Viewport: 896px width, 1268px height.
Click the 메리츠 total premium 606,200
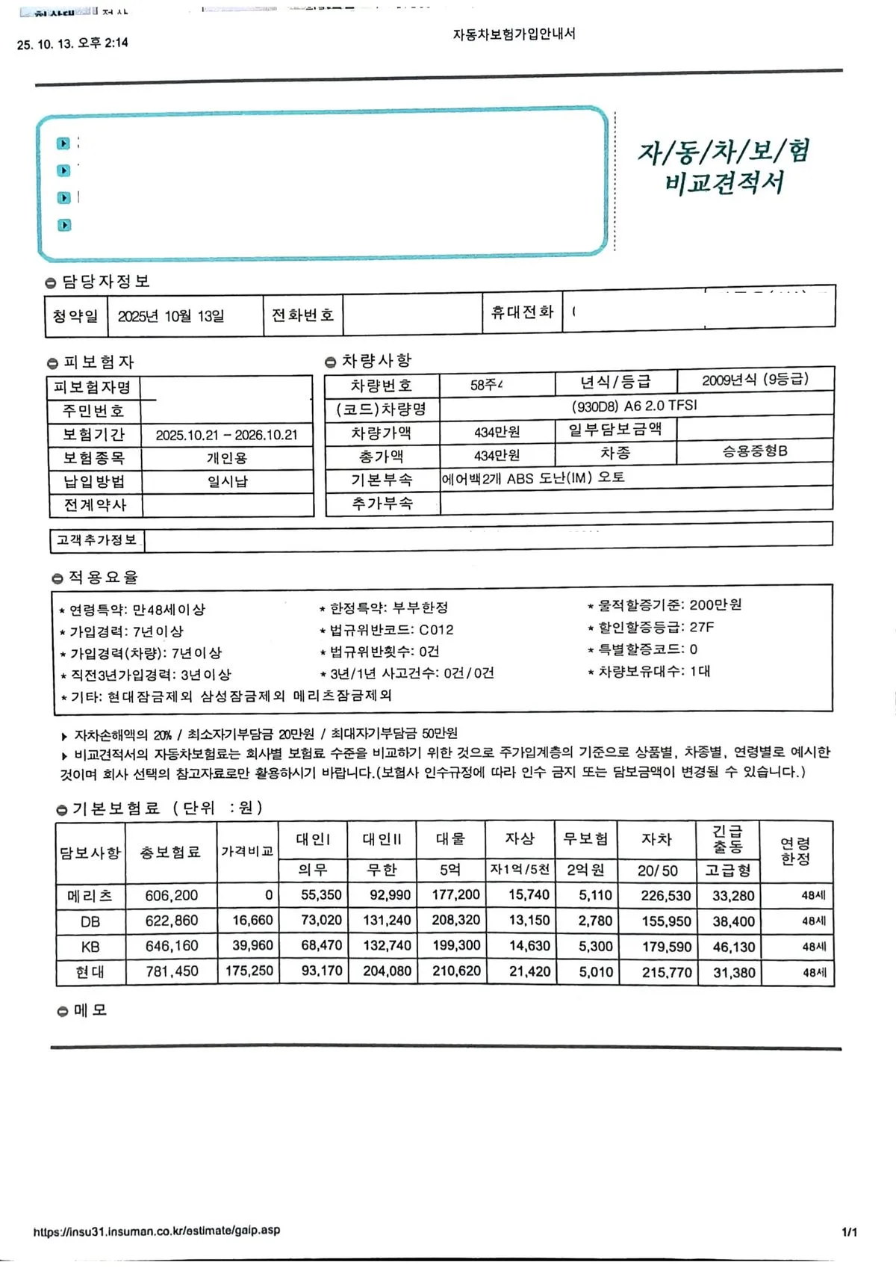172,896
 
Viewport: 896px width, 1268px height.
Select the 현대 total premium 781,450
172,971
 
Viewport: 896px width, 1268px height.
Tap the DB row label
90,922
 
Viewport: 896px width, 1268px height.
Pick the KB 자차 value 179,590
666,947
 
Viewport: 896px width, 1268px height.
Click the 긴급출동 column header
727,839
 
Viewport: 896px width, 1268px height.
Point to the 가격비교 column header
247,852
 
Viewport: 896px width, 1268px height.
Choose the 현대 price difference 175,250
249,971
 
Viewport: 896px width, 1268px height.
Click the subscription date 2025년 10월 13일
171,316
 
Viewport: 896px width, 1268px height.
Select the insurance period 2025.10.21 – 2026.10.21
226,435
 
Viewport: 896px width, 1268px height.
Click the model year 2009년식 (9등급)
755,380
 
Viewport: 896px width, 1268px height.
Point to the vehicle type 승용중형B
755,451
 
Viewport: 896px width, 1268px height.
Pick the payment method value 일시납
227,481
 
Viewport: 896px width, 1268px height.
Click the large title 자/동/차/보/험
724,152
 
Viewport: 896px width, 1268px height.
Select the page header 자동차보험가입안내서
514,34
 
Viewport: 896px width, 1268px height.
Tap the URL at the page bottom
157,1230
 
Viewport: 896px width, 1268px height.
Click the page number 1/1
849,1232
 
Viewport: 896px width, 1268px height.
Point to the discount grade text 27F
702,627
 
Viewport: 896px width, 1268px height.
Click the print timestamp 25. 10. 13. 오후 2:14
72,43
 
